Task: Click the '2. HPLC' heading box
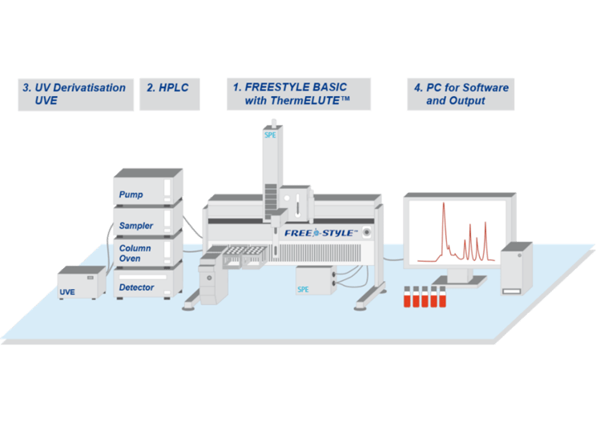click(170, 94)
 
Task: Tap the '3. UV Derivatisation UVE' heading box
click(75, 94)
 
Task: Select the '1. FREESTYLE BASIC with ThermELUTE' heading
click(299, 94)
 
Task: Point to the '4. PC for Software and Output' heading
click(461, 94)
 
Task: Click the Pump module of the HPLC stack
click(148, 187)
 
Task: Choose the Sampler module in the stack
click(148, 220)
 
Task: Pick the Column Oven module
click(148, 251)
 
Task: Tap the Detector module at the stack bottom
click(148, 282)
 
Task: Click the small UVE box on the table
click(82, 283)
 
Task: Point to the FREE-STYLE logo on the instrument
click(321, 233)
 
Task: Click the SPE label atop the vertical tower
click(270, 134)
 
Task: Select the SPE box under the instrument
click(316, 281)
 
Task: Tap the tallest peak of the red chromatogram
click(444, 204)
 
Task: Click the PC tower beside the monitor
click(517, 268)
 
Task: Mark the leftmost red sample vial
click(407, 296)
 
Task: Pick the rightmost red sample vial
click(442, 296)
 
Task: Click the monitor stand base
click(459, 281)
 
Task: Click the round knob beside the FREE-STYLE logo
click(366, 232)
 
